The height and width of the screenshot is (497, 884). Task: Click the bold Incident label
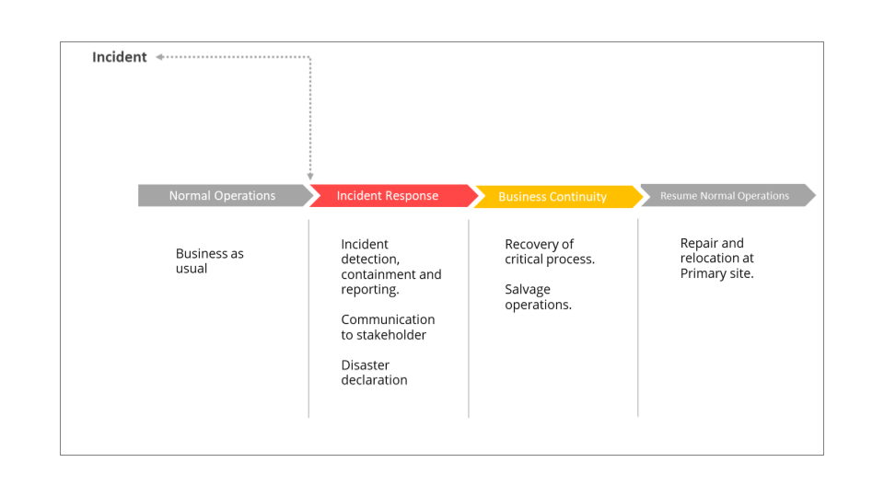pyautogui.click(x=119, y=57)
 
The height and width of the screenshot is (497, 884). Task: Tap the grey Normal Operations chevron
pyautogui.click(x=225, y=195)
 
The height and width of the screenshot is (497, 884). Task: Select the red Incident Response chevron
pyautogui.click(x=393, y=195)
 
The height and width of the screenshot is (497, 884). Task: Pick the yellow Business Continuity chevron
pyautogui.click(x=558, y=197)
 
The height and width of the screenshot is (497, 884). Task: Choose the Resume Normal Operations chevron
pyautogui.click(x=727, y=195)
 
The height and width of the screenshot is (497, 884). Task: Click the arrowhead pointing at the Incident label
pyautogui.click(x=159, y=57)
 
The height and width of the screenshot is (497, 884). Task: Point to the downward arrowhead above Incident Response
pyautogui.click(x=310, y=177)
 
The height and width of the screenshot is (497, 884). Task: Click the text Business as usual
pyautogui.click(x=210, y=260)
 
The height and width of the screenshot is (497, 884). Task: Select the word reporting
pyautogui.click(x=370, y=290)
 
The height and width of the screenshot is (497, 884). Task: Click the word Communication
pyautogui.click(x=388, y=319)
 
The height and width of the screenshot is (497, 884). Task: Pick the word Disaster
pyautogui.click(x=366, y=365)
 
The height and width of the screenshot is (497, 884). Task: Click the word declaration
pyautogui.click(x=375, y=380)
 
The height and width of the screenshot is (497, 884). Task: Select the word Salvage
pyautogui.click(x=528, y=290)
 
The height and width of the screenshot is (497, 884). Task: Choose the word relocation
pyautogui.click(x=709, y=258)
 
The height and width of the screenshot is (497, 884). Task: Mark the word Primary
pyautogui.click(x=699, y=274)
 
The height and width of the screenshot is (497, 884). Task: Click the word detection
pyautogui.click(x=370, y=260)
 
